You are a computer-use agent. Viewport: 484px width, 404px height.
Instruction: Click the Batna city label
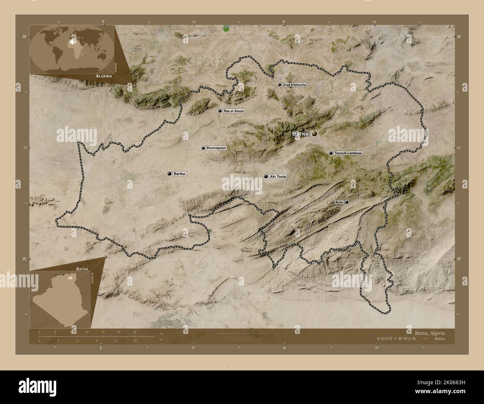click(x=301, y=133)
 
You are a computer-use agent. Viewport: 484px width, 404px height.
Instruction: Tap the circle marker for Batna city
click(x=315, y=133)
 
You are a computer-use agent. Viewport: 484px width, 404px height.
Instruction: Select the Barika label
click(x=179, y=174)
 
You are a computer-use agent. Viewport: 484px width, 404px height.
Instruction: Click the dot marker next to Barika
click(x=170, y=174)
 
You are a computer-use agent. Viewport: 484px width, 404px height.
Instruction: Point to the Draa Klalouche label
click(x=294, y=85)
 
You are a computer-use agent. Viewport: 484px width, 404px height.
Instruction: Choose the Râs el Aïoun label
click(x=234, y=111)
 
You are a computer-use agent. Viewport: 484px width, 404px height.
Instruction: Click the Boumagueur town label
click(x=217, y=148)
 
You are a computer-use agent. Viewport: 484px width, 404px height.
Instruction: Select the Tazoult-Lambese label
click(x=348, y=153)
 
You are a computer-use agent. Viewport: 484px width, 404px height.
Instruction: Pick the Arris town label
click(x=339, y=202)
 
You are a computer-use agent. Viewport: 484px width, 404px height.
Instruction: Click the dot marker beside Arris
click(x=347, y=202)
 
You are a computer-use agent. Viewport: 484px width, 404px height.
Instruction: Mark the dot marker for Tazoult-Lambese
click(x=331, y=153)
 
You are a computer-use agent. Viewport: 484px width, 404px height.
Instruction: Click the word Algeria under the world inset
click(x=104, y=76)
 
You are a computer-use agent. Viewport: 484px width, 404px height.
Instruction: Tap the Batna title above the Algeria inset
click(x=82, y=268)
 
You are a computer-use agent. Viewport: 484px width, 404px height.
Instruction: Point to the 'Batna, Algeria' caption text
click(x=428, y=332)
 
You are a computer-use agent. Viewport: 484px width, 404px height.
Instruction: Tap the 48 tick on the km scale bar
click(x=135, y=332)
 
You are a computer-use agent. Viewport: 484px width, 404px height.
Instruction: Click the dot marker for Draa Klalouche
click(x=279, y=85)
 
